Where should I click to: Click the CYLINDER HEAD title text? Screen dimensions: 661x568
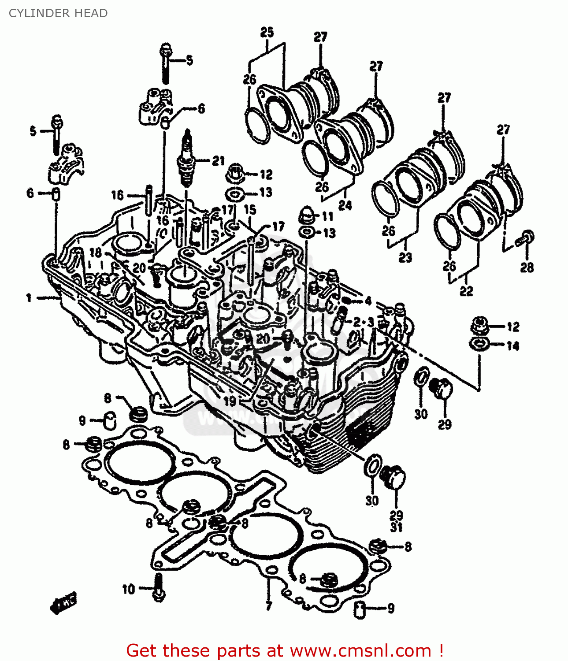coord(58,13)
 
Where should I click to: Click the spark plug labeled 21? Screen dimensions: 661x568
coord(188,161)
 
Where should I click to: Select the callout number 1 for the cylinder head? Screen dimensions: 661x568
coord(29,298)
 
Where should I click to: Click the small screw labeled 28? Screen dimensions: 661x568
coord(526,238)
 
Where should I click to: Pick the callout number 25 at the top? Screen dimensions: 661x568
coord(267,32)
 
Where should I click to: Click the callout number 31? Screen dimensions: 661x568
coord(396,527)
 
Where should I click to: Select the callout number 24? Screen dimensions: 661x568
coord(345,205)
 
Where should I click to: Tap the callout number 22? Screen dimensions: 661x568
coord(466,291)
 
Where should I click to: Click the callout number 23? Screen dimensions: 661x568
coord(405,257)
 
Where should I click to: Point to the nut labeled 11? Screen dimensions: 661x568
coord(307,216)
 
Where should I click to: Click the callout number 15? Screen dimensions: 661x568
coord(250,209)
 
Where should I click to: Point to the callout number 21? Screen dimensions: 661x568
coord(218,161)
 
